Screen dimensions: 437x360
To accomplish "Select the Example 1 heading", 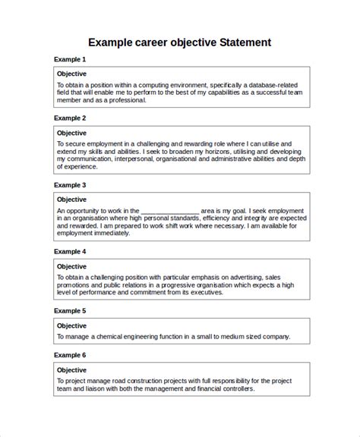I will pyautogui.click(x=70, y=59).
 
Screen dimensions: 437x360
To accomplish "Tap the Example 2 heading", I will pyautogui.click(x=70, y=118).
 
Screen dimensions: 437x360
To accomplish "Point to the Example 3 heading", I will pyautogui.click(x=70, y=184).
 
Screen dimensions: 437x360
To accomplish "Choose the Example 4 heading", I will pyautogui.click(x=70, y=251).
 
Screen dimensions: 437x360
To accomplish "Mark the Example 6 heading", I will pyautogui.click(x=70, y=355).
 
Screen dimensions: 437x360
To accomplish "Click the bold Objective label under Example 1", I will pyautogui.click(x=72, y=74).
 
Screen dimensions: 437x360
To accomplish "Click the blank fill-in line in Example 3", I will pyautogui.click(x=169, y=210).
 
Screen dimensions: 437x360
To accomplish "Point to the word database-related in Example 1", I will pyautogui.click(x=264, y=85).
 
